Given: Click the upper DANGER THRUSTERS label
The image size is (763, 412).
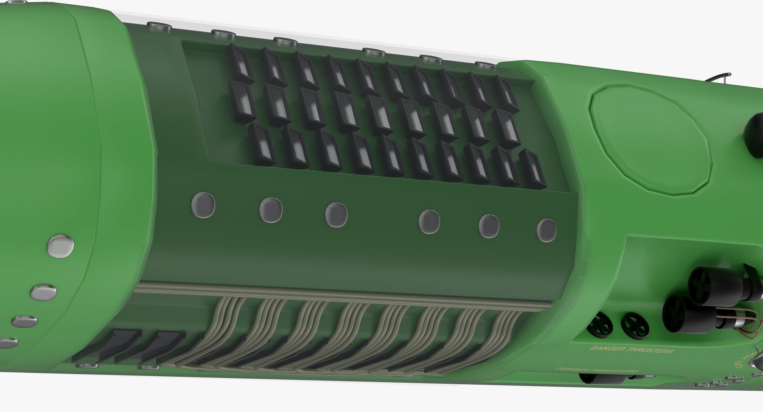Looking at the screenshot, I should point(631,350).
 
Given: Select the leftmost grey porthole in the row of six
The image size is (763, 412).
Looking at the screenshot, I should point(203,205).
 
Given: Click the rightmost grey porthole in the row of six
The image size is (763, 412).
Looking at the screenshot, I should point(546,230).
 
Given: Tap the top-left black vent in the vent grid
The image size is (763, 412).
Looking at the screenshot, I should point(241,64).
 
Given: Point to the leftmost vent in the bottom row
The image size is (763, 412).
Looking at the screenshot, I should point(261,144).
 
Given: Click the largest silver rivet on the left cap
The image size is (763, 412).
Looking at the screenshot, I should point(60,245).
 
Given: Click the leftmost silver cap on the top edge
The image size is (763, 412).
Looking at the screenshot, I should point(159,27).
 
